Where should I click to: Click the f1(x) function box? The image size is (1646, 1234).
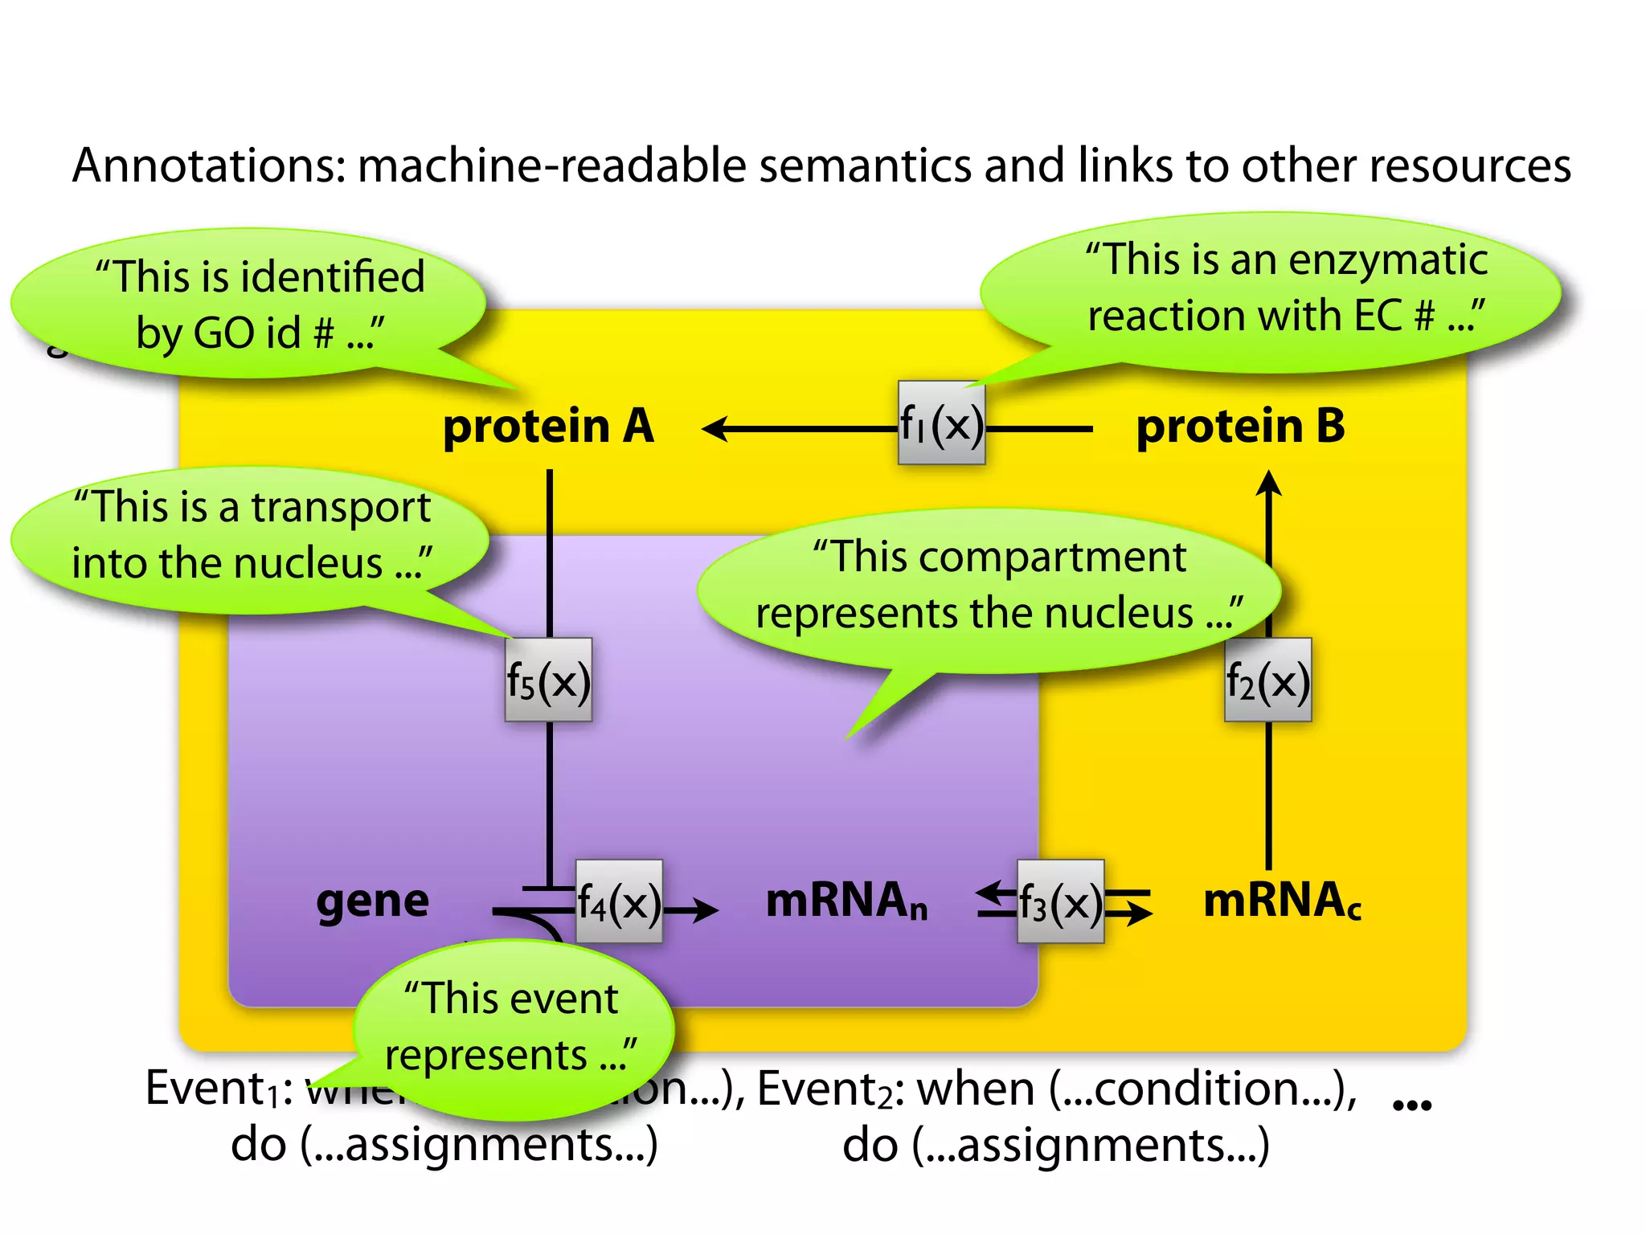click(x=941, y=423)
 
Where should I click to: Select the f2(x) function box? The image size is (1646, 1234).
click(x=1267, y=680)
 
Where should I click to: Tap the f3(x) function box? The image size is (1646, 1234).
click(x=1060, y=902)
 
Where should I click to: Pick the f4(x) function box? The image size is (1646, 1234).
click(x=619, y=902)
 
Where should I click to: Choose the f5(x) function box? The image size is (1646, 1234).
click(x=548, y=680)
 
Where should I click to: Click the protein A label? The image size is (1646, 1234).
click(x=548, y=426)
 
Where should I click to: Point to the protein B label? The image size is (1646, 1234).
click(x=1240, y=426)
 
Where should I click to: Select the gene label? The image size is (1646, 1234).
click(x=372, y=901)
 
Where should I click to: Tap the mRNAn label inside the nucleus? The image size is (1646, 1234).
click(x=846, y=901)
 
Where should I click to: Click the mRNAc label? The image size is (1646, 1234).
click(x=1281, y=901)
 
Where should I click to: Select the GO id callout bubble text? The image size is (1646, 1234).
click(x=260, y=305)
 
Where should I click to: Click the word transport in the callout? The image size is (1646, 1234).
click(x=341, y=509)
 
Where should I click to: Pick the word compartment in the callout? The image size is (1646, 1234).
click(x=1052, y=557)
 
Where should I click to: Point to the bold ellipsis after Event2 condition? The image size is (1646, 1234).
click(x=1412, y=1105)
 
